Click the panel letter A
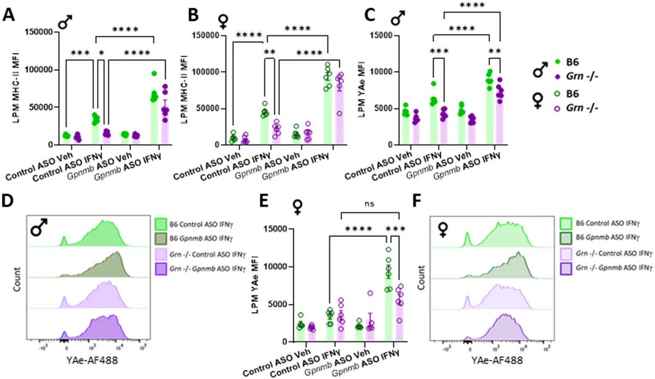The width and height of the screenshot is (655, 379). pos(9,14)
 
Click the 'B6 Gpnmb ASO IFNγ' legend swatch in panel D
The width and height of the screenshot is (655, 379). pos(162,239)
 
